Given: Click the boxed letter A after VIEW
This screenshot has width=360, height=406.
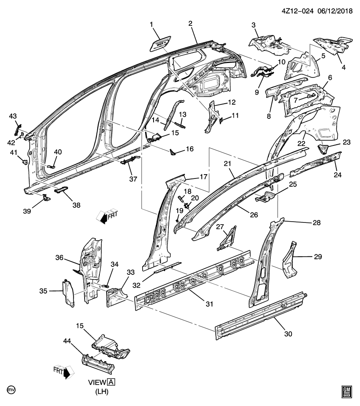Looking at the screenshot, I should [111, 382].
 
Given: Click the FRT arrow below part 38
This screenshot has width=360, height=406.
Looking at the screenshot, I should [105, 216].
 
